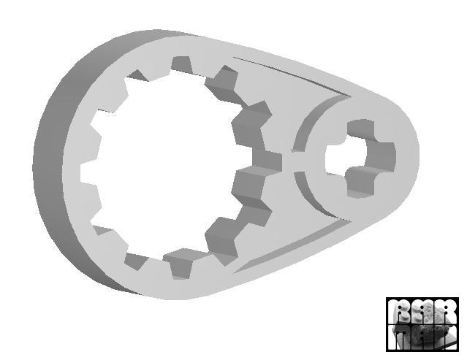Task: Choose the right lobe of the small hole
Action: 387,155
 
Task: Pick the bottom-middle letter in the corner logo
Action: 422,337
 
